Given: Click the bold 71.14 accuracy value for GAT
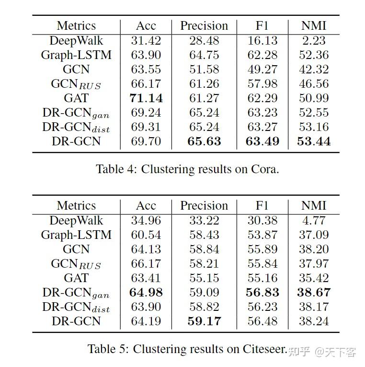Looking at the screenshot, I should tap(146, 98).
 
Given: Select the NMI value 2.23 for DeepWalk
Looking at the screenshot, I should tap(314, 41).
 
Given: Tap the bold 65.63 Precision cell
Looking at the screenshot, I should tap(204, 142).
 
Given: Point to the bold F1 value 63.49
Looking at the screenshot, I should tap(262, 142).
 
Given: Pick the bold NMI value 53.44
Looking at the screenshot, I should tap(314, 142).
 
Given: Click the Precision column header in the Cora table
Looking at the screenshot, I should tap(204, 26).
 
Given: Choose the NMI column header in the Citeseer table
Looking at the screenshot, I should tap(314, 206).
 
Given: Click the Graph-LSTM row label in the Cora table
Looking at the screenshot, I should tap(76, 55).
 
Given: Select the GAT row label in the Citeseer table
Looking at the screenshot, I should tap(76, 278).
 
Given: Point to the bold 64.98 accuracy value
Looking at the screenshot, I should tap(146, 292).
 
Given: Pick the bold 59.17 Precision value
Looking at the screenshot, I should tap(204, 321).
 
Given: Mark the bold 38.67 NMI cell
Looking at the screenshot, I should tap(314, 292).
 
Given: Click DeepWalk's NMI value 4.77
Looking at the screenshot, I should tap(314, 221).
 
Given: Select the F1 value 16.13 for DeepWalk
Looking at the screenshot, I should tap(262, 41).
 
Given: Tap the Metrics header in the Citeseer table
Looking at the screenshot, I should tap(76, 206).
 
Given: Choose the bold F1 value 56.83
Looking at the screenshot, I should tap(262, 292).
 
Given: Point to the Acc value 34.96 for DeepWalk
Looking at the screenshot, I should tap(146, 221).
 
